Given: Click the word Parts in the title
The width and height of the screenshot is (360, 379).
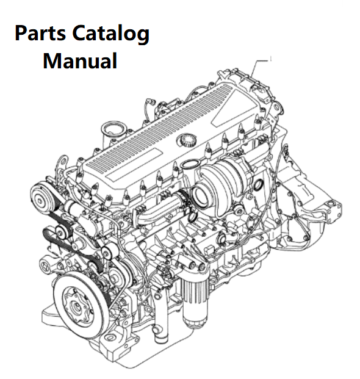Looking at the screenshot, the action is (40, 33).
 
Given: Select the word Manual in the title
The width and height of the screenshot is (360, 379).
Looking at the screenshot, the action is (80, 61).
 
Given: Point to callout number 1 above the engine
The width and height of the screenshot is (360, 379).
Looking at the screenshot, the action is (271, 59).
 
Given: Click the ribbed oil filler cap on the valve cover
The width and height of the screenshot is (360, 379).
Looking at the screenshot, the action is (186, 140).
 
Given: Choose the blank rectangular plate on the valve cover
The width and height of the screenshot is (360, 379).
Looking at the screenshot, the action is (134, 165).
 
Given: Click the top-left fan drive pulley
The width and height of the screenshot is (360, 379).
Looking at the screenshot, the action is (40, 198).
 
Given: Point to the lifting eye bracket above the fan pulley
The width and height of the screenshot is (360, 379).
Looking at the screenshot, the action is (62, 162).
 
